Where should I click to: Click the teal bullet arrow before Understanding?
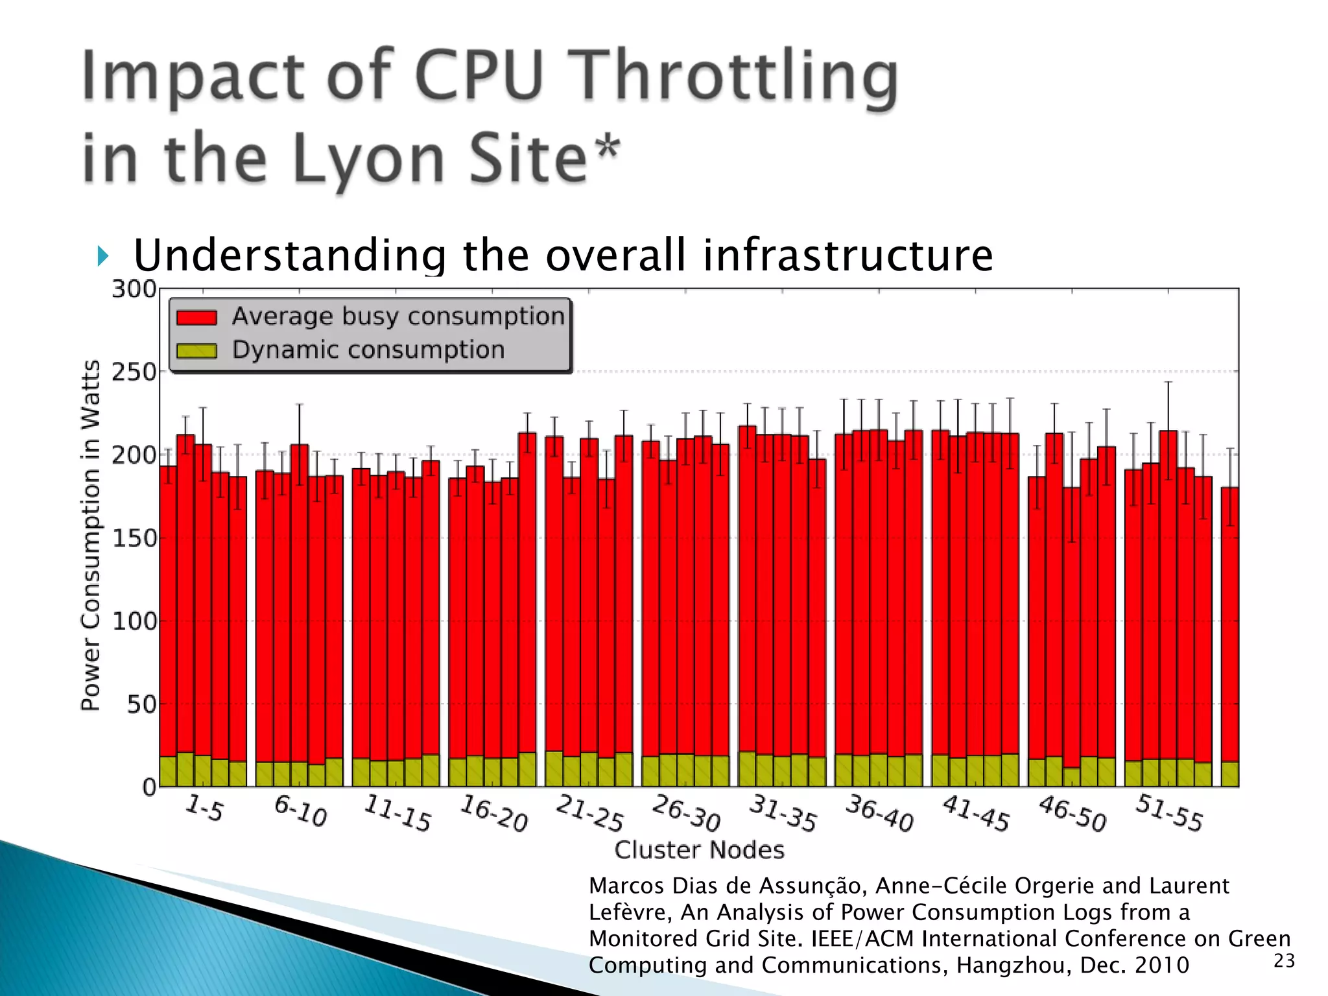[102, 256]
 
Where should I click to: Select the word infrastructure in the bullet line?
[848, 255]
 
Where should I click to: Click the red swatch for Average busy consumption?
[196, 317]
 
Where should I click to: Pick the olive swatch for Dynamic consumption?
[196, 351]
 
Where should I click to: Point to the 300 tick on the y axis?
[134, 289]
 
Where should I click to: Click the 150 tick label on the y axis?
[134, 538]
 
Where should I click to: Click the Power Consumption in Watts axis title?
[91, 536]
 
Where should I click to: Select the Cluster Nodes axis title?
[699, 849]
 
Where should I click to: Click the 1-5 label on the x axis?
[204, 808]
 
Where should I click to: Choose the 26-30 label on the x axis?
[686, 813]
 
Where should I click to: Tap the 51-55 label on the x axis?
[1169, 813]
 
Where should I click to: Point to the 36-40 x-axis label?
[879, 813]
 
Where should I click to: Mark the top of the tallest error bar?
[1168, 382]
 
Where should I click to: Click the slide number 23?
[1284, 961]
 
